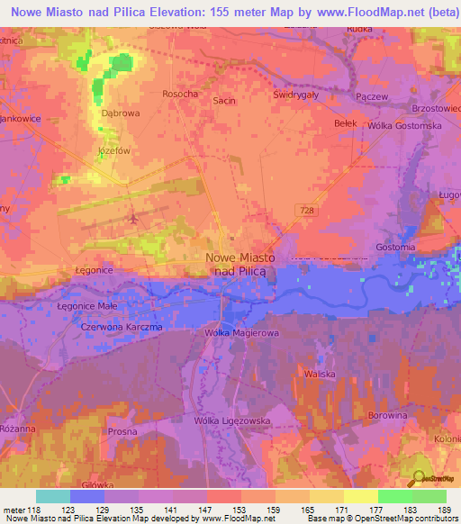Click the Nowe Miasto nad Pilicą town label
[x=240, y=263]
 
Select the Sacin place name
[x=223, y=100]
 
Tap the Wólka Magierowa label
[x=240, y=334]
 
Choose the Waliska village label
[x=320, y=373]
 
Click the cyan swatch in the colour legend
[x=53, y=495]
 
